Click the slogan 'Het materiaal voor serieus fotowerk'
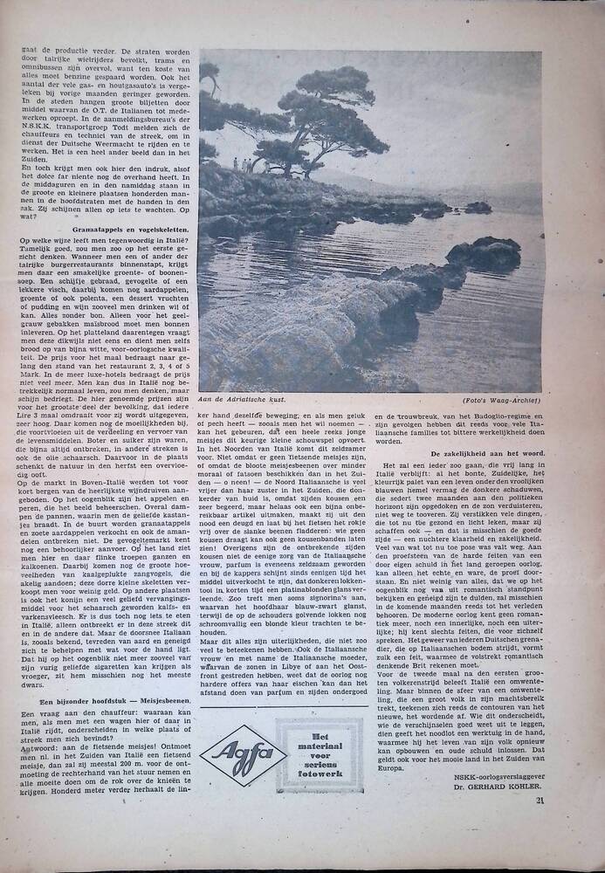pos(319,754)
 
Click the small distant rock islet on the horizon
pos(477,207)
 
